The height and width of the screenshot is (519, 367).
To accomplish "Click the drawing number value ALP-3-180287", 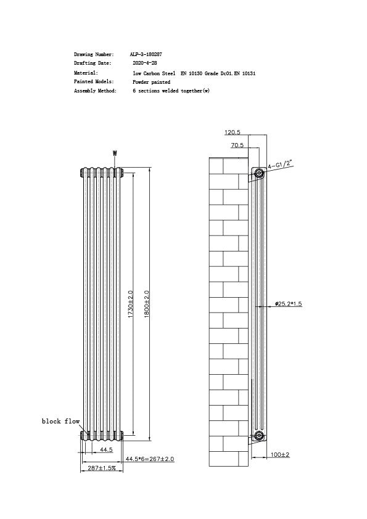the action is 147,55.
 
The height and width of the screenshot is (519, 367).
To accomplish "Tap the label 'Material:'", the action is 86,73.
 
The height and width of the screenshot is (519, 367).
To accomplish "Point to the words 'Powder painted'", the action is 151,82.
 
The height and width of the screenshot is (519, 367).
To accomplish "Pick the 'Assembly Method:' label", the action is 95,91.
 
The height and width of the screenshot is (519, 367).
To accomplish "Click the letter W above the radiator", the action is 115,153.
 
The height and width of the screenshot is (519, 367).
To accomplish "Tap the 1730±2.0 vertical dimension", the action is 130,304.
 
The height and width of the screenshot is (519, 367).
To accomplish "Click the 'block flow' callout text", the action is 60,421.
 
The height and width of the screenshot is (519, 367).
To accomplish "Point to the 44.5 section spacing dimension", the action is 106,450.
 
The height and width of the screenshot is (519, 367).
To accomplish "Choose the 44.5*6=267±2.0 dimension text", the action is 150,459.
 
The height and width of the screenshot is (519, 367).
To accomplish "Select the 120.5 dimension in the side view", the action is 233,133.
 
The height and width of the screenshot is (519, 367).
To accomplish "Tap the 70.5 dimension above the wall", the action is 237,145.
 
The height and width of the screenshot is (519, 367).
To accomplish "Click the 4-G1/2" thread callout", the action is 279,164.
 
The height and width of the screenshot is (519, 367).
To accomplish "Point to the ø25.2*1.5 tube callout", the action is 289,304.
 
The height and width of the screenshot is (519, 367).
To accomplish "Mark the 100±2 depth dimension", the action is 280,455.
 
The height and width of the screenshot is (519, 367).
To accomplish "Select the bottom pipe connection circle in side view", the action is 259,436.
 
